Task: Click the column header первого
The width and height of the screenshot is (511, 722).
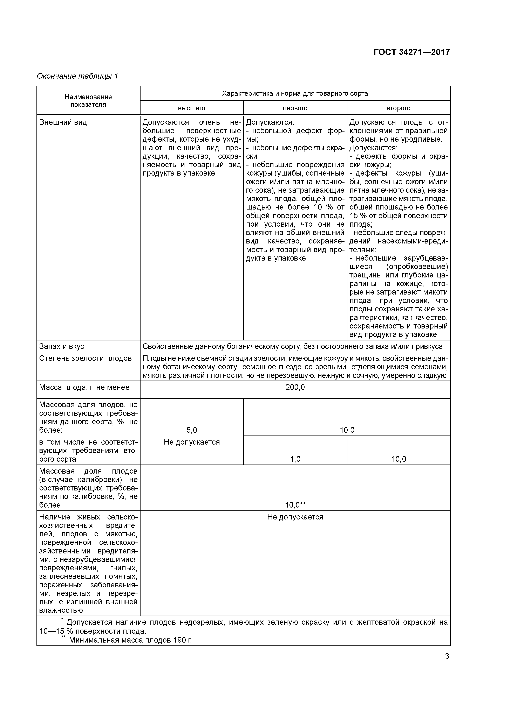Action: point(295,108)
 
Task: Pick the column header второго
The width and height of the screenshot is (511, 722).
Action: point(398,108)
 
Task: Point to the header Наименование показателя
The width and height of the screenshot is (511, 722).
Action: point(88,101)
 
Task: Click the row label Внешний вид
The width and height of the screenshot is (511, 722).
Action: point(63,122)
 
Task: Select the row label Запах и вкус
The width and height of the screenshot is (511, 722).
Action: point(62,346)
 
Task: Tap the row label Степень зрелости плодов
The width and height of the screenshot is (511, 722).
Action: point(85,358)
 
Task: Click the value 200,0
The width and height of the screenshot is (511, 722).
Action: point(295,387)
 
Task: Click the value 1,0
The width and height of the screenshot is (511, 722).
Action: point(295,459)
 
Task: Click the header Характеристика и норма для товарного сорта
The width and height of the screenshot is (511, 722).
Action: point(295,93)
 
